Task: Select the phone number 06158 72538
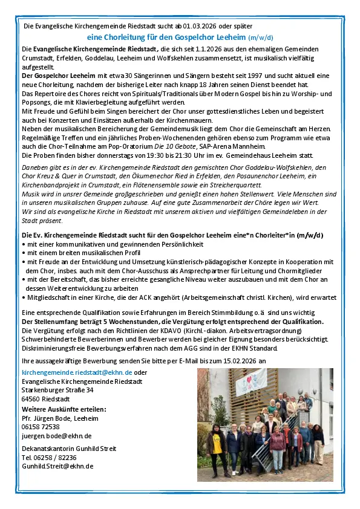pos(41,426)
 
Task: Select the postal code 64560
pos(31,400)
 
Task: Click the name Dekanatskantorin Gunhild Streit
pos(65,449)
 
